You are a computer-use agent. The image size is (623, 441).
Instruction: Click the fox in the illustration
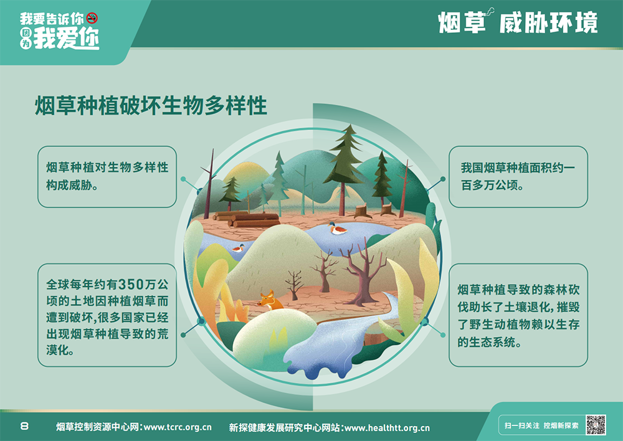(270, 301)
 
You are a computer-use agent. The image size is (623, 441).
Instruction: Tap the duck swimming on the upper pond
(337, 229)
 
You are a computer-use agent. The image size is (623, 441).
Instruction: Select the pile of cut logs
(246, 219)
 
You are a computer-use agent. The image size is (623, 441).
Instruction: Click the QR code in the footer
(596, 425)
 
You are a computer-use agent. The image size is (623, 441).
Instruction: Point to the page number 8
(24, 426)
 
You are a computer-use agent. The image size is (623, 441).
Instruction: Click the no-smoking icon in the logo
(92, 18)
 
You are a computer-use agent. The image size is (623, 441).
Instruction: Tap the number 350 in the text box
(131, 285)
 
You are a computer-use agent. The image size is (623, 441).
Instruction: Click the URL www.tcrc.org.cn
(178, 427)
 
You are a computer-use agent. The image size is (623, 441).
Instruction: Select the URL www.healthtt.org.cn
(387, 428)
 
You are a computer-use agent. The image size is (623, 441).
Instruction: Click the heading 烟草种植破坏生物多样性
(151, 105)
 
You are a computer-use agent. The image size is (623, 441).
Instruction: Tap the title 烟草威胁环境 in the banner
(518, 22)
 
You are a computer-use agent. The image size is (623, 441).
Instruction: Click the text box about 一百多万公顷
(518, 177)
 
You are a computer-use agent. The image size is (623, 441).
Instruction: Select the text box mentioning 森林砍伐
(518, 315)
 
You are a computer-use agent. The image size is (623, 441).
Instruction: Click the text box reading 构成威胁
(107, 177)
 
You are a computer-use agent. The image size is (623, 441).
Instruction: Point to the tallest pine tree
(344, 167)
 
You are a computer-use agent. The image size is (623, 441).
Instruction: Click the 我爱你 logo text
(66, 39)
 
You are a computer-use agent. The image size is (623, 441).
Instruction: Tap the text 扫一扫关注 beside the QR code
(521, 425)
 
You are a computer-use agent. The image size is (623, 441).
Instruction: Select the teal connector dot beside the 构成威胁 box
(183, 179)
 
